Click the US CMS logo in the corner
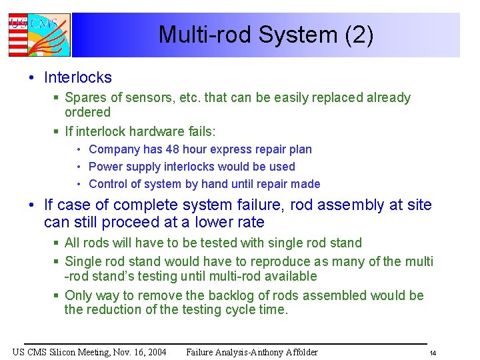click(x=39, y=35)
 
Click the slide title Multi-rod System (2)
click(x=266, y=35)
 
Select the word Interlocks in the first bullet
click(x=77, y=77)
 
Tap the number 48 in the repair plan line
click(x=167, y=149)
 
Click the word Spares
click(x=85, y=98)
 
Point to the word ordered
click(x=87, y=112)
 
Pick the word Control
click(x=108, y=184)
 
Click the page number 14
click(x=433, y=353)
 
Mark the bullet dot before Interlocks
click(x=32, y=78)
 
